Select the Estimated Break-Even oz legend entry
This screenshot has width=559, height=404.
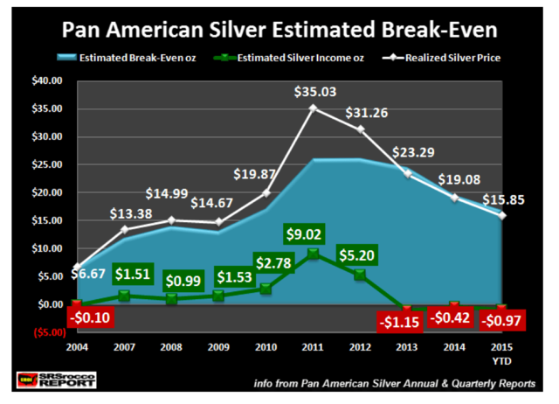click(x=118, y=59)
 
